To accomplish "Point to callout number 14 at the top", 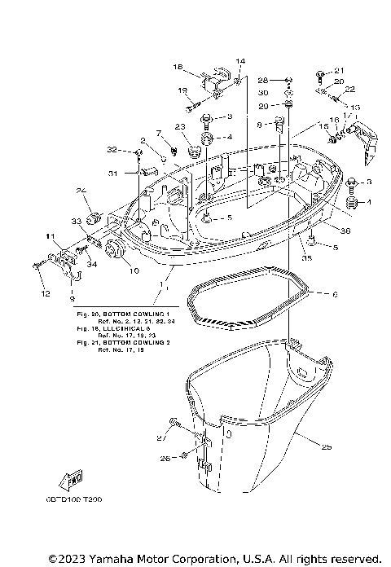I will pos(240,61).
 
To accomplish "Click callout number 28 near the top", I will pos(263,80).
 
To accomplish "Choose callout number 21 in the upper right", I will pos(340,70).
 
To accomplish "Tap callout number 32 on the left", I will pos(112,150).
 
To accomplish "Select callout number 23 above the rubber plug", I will pos(180,126).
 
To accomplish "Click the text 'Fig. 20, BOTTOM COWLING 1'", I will pos(122,314).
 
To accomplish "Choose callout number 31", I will pos(113,172).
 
